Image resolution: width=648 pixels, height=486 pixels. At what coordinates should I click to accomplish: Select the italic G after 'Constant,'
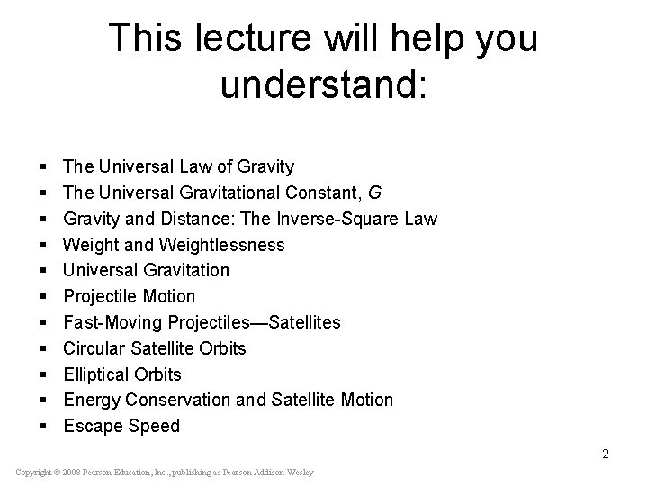click(x=342, y=193)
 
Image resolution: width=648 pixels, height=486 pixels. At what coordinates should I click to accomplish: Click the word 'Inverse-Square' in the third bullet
click(x=354, y=219)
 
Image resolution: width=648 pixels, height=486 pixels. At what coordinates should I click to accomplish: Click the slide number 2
click(x=606, y=454)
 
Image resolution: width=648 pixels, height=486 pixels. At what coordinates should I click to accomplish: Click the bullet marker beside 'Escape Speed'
click(x=44, y=427)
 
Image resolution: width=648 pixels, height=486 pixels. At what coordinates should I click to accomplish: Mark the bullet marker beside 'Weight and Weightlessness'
click(x=44, y=246)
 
